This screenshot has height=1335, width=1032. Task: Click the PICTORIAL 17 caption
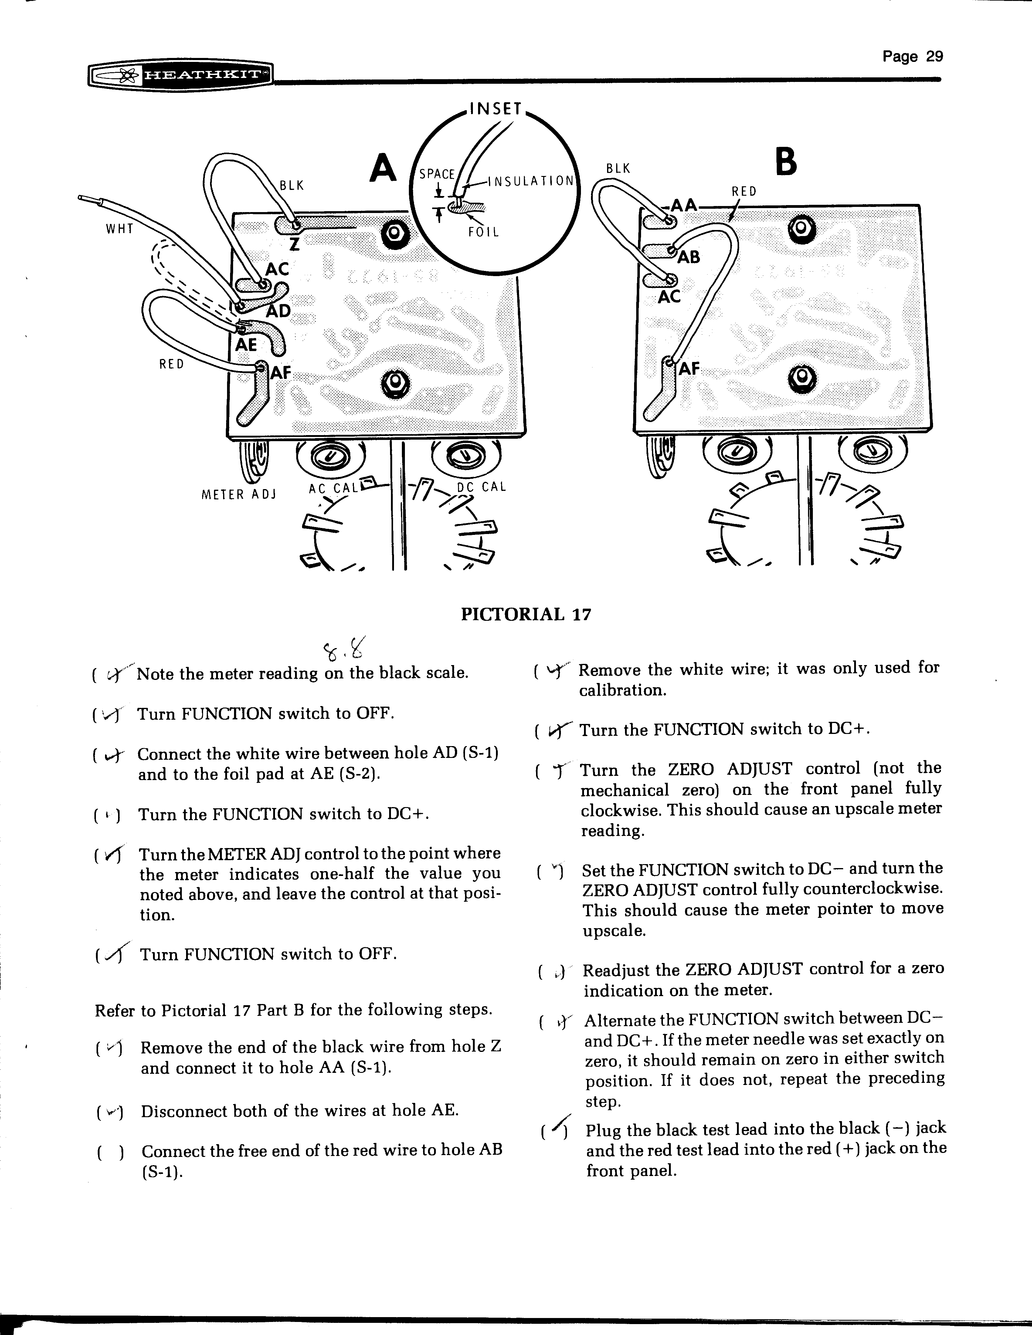pyautogui.click(x=526, y=614)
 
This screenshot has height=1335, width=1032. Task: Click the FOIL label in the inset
pyautogui.click(x=484, y=232)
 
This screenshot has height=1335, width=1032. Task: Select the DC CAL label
pyautogui.click(x=482, y=487)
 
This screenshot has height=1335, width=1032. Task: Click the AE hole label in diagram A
pyautogui.click(x=246, y=345)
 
